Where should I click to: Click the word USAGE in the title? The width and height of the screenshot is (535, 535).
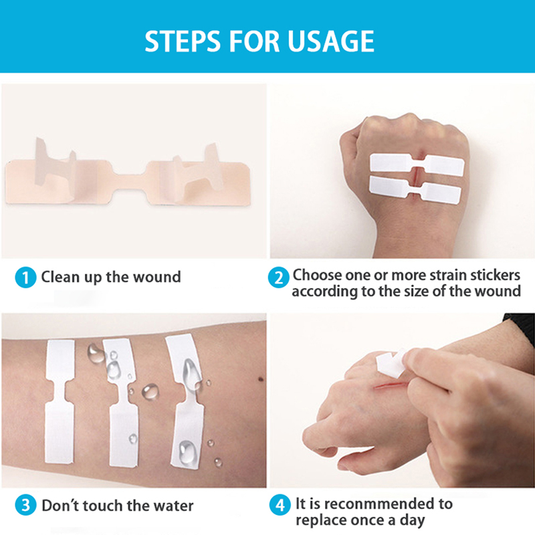click(330, 41)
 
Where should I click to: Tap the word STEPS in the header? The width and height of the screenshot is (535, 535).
click(183, 41)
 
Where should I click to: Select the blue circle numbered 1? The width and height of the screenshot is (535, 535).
click(25, 278)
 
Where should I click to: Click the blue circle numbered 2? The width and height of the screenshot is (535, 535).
click(279, 278)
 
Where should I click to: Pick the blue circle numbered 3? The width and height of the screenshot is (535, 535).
click(25, 506)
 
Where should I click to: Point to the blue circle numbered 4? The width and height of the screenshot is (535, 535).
click(280, 505)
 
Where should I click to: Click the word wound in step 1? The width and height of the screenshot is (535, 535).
click(156, 277)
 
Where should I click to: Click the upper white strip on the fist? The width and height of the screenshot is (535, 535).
click(417, 164)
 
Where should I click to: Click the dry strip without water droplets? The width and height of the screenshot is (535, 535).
click(60, 401)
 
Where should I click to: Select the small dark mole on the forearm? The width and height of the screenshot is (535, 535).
click(261, 379)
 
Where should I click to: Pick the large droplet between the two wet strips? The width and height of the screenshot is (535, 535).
click(150, 391)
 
